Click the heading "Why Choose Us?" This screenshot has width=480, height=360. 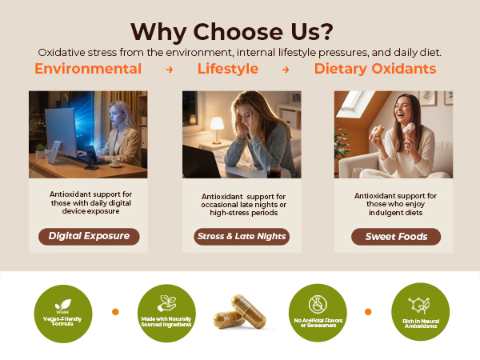tap(232, 30)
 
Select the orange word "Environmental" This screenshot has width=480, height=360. tap(88, 69)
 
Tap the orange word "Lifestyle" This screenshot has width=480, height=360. tap(228, 69)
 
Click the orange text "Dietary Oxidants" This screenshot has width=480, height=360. tap(375, 69)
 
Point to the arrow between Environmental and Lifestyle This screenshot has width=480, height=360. tap(169, 70)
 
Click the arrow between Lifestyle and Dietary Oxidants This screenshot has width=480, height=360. tap(286, 70)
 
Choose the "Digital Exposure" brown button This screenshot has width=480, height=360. tap(89, 236)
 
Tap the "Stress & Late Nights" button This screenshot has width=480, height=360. tap(242, 236)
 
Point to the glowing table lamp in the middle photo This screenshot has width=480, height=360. tap(217, 126)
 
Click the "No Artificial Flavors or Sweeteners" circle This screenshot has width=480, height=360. tap(316, 312)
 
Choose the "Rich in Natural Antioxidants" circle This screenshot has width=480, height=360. tap(420, 312)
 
